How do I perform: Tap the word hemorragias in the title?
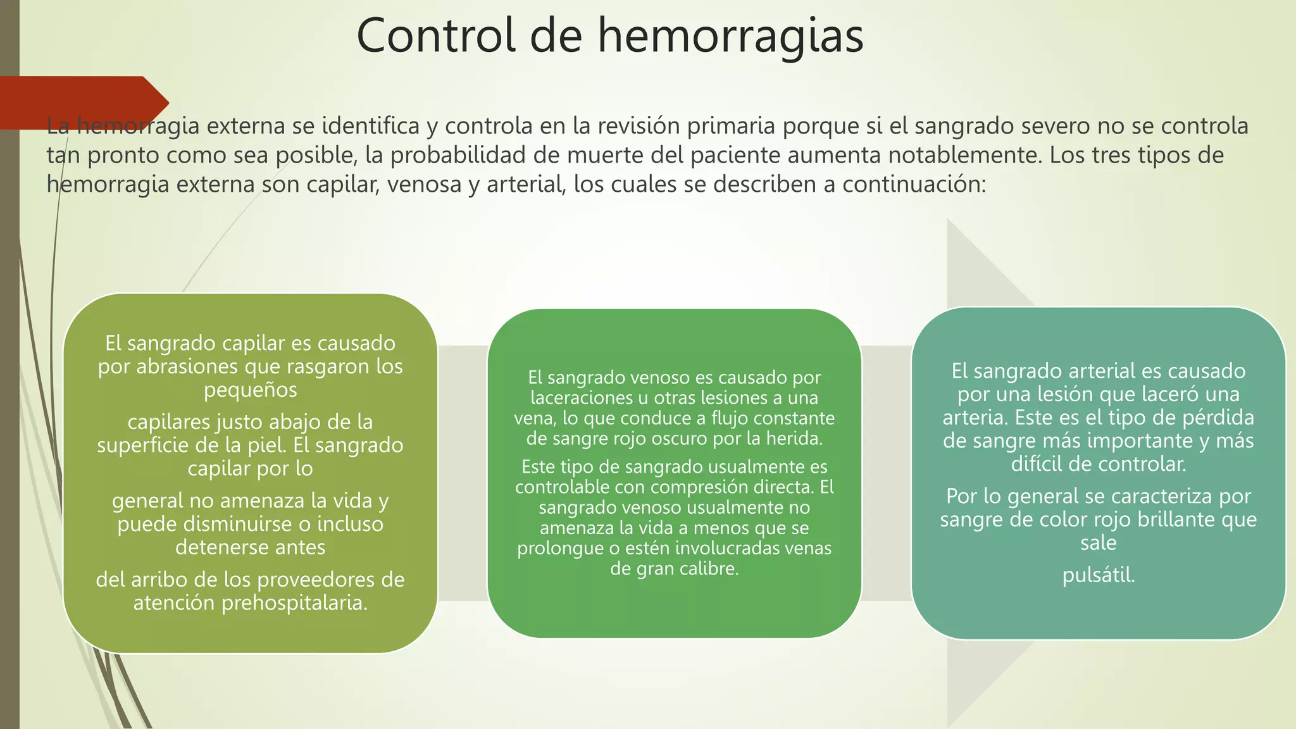[x=731, y=35]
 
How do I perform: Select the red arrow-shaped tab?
[x=82, y=103]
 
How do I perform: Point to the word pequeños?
[x=250, y=390]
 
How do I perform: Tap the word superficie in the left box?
[x=142, y=445]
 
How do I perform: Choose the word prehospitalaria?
[x=294, y=602]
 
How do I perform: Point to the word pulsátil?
[x=1098, y=575]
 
